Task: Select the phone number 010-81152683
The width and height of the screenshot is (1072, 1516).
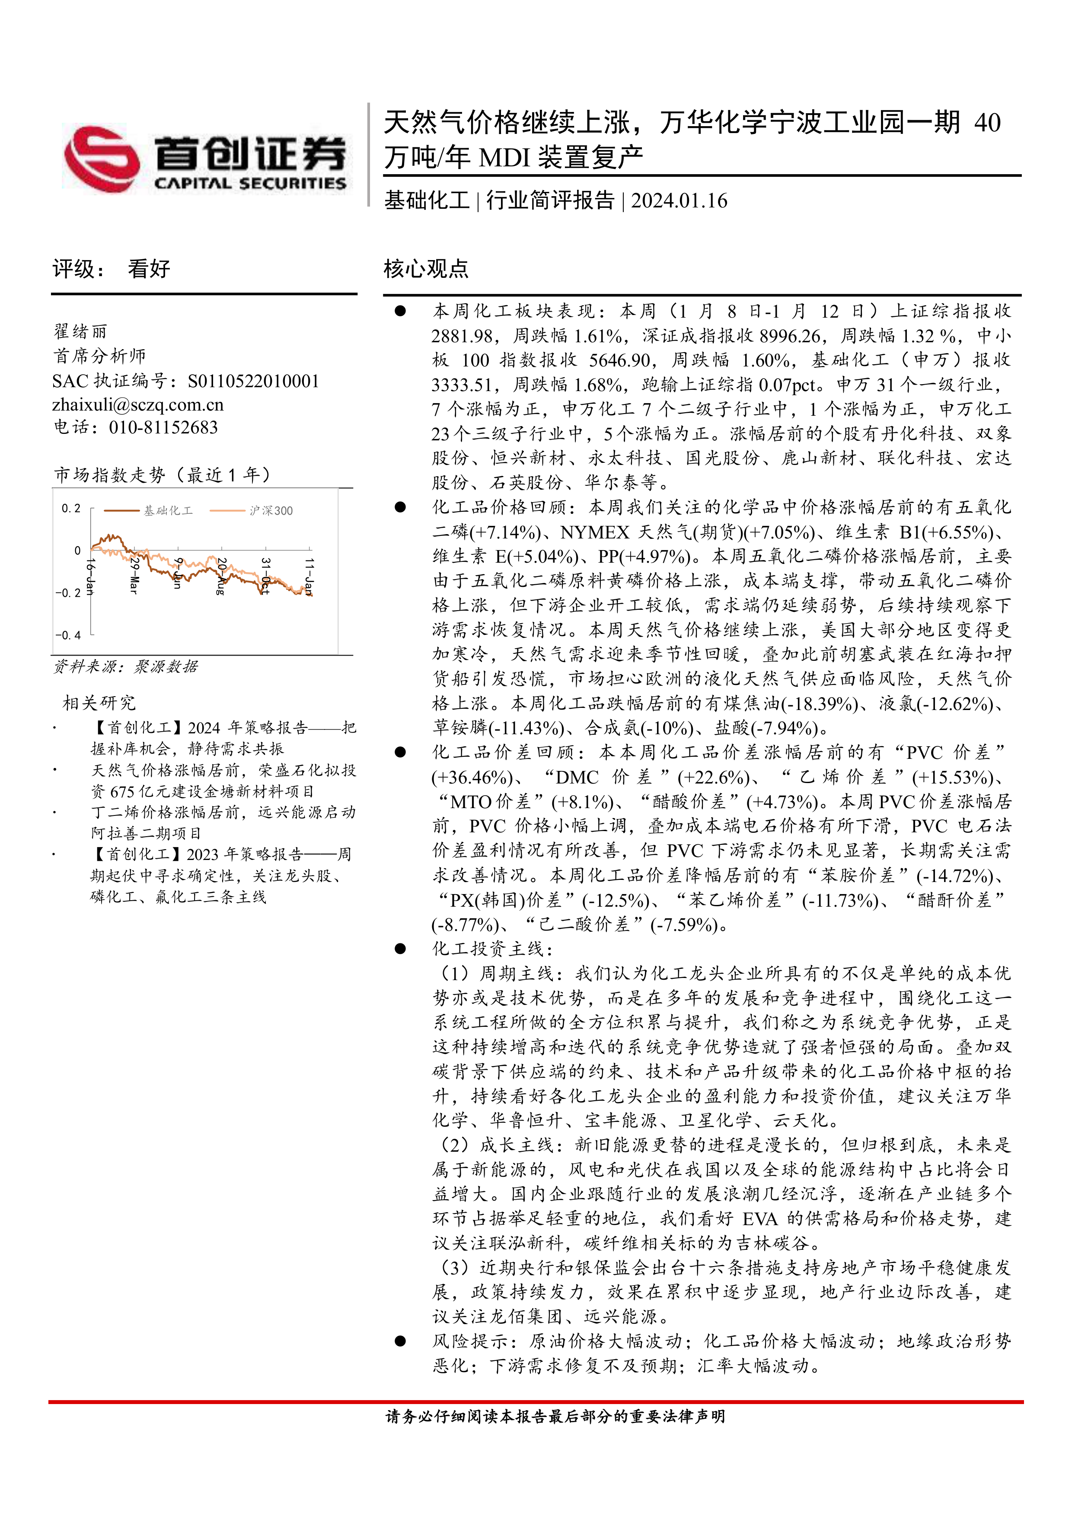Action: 163,428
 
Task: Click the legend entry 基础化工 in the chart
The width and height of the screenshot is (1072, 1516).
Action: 168,510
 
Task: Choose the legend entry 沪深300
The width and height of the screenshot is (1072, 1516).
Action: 271,510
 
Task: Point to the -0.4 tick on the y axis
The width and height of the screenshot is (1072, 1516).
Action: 68,635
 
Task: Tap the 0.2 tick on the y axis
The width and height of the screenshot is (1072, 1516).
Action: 70,508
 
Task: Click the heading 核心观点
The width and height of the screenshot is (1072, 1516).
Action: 426,269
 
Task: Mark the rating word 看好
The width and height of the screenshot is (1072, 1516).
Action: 149,269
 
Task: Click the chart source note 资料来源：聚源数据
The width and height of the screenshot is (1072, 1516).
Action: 125,667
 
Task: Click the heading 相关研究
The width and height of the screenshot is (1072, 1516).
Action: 99,703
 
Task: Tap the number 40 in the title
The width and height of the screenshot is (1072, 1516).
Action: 987,123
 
